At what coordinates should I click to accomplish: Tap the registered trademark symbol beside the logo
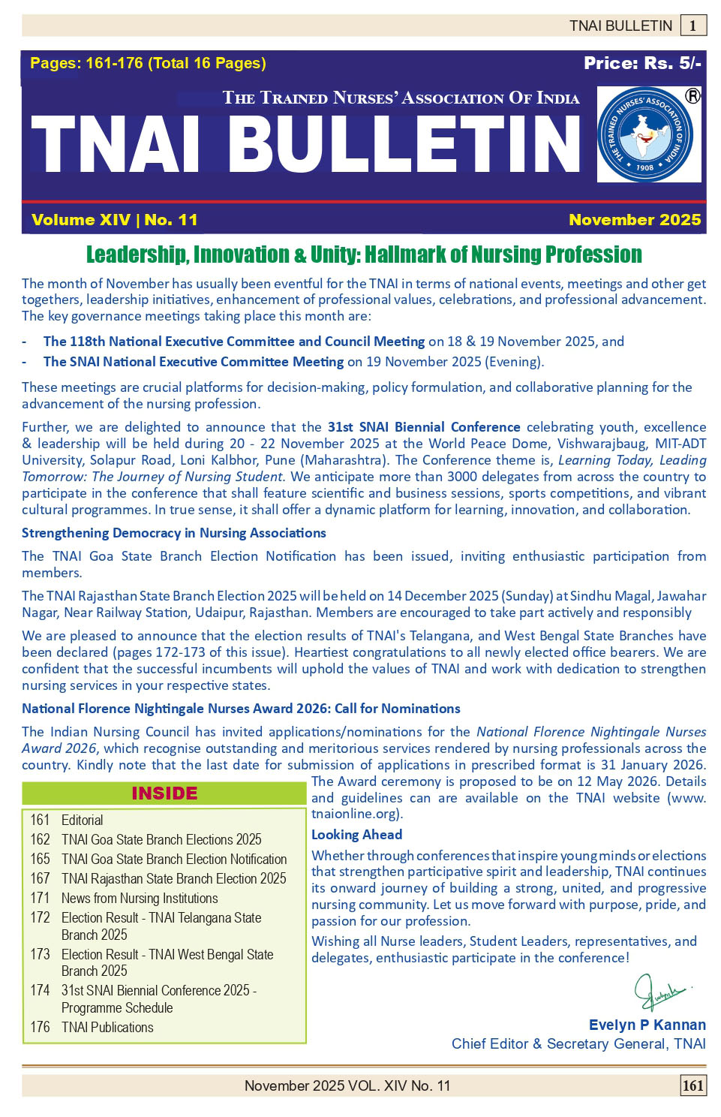pos(692,96)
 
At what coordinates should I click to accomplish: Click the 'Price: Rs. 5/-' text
pos(642,63)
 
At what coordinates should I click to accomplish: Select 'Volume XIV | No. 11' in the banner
pos(115,220)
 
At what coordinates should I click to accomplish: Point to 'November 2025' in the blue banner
pos(634,220)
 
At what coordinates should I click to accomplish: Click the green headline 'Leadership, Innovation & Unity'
pos(364,255)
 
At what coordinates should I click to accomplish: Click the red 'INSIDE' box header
pos(164,793)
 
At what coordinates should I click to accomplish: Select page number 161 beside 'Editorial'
pos(40,820)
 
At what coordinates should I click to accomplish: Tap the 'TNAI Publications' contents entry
pos(107,1027)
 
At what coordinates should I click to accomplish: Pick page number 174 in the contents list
pos(40,990)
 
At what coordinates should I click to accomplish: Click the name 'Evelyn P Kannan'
pos(647,1025)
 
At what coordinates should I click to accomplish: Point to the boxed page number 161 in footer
pos(692,1085)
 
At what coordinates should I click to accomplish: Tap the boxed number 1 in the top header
pos(692,26)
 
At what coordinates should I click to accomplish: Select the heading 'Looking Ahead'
pos(356,835)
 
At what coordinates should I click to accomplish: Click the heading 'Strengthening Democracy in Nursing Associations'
pos(174,533)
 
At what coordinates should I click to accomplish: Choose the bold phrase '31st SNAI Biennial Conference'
pos(424,427)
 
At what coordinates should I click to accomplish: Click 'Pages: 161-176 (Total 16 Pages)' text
pos(148,63)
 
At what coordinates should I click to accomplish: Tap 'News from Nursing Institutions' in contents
pos(140,898)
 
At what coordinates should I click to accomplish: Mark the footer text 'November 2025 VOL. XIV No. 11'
pos(347,1085)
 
